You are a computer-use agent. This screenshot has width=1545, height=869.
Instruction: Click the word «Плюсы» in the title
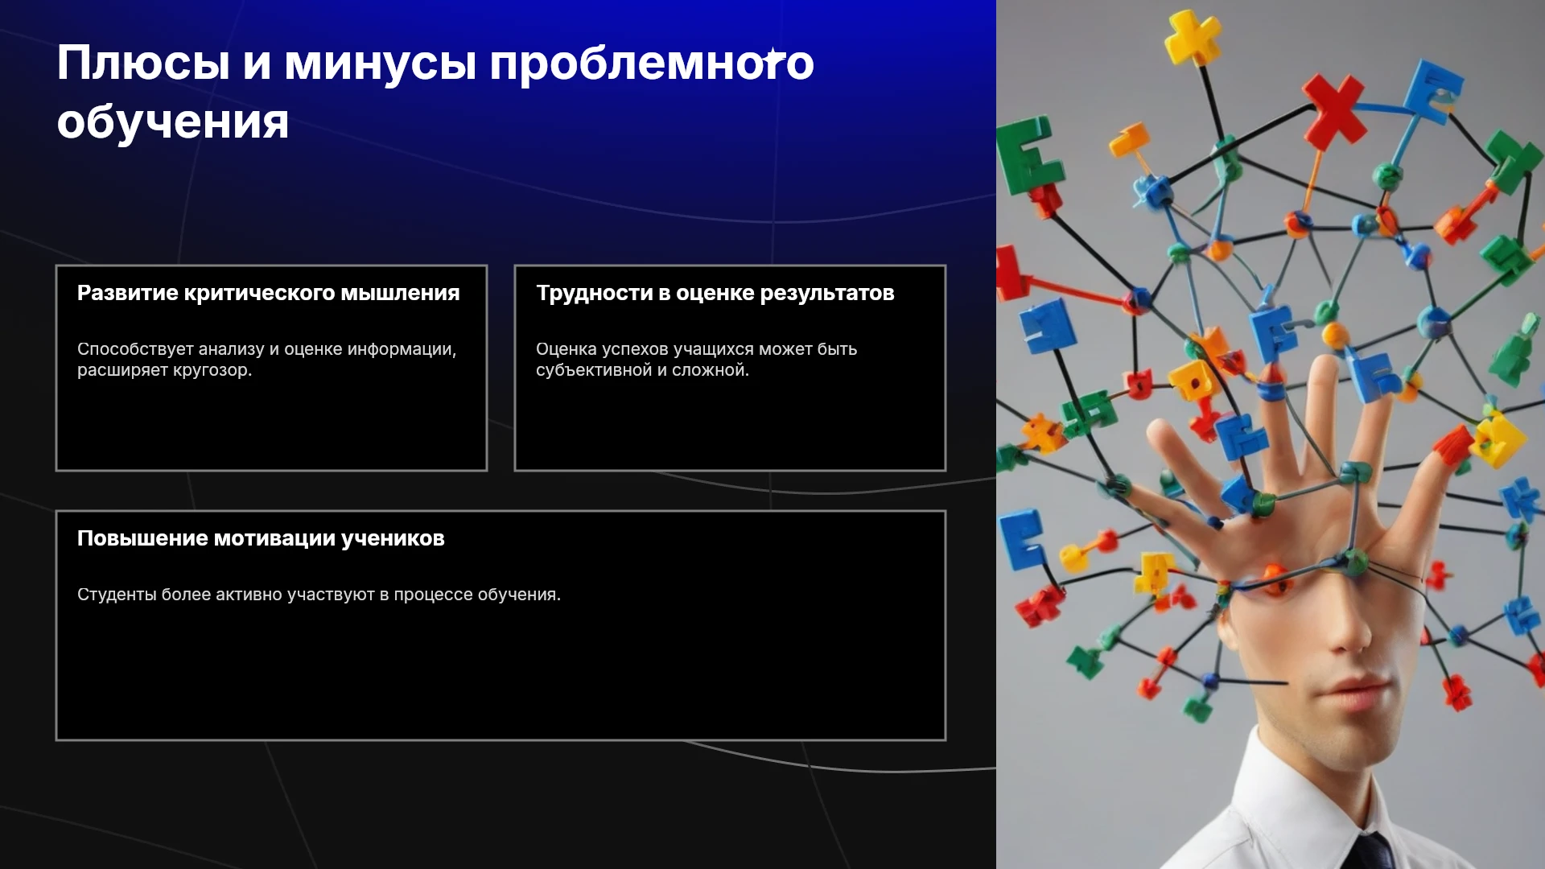[143, 64]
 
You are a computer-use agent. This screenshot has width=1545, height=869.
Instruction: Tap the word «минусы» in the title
[381, 64]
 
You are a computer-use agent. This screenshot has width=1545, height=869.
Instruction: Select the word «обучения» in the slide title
[173, 123]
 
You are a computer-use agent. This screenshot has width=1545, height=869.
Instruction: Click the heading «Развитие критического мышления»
[269, 293]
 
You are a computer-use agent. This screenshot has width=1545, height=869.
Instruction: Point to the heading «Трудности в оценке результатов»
[715, 293]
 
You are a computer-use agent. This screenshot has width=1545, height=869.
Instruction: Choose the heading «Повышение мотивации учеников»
[261, 538]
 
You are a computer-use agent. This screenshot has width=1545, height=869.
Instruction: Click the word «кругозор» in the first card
[211, 370]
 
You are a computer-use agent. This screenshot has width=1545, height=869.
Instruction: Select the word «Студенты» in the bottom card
[117, 595]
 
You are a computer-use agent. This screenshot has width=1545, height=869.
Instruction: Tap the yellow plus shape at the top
[1193, 36]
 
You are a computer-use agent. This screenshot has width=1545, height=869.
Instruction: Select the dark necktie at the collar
[1371, 851]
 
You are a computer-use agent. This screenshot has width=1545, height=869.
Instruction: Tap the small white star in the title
[773, 58]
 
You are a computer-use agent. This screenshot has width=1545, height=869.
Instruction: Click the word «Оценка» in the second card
[566, 349]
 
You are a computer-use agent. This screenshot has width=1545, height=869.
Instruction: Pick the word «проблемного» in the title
[652, 64]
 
